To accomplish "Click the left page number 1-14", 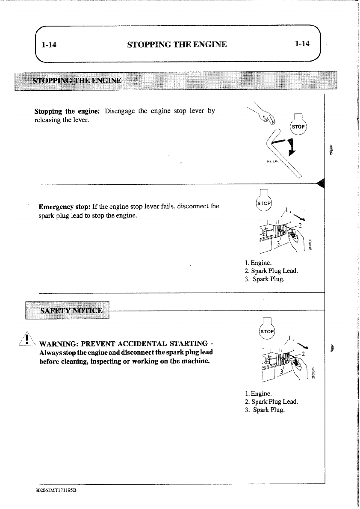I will click(50, 44).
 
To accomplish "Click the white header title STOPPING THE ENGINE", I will click(177, 44).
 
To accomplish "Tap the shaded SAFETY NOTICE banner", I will click(71, 310).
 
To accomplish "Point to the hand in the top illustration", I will click(269, 118).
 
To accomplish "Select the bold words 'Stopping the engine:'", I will click(67, 111).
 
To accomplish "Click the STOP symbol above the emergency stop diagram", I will click(265, 202).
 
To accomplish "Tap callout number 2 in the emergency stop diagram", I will click(300, 226).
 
